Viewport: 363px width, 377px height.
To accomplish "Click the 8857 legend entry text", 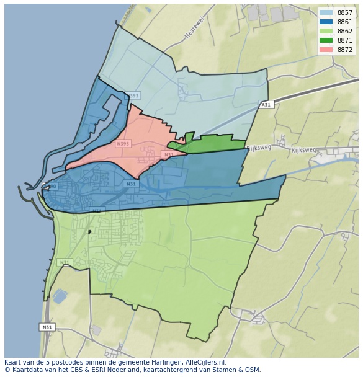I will tap(344, 12).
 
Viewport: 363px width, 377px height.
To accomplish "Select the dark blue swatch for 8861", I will tap(326, 22).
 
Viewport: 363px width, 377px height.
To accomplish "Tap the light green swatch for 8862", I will tap(326, 31).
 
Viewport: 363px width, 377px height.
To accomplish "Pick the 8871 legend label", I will tap(344, 40).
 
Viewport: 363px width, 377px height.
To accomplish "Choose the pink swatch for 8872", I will tap(326, 50).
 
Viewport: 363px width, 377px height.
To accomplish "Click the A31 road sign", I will tap(266, 105).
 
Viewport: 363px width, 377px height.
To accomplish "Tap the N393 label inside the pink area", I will tap(123, 144).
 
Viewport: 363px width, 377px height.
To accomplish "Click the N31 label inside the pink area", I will tap(168, 154).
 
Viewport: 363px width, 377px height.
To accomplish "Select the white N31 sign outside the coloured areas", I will tap(47, 327).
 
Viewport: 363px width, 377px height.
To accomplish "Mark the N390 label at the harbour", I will tap(50, 186).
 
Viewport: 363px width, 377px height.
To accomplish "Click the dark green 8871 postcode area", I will tap(211, 146).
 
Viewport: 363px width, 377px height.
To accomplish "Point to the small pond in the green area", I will tap(60, 296).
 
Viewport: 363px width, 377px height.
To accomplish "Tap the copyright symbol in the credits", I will tap(7, 370).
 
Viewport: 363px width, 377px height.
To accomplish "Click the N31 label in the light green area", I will tap(65, 262).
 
